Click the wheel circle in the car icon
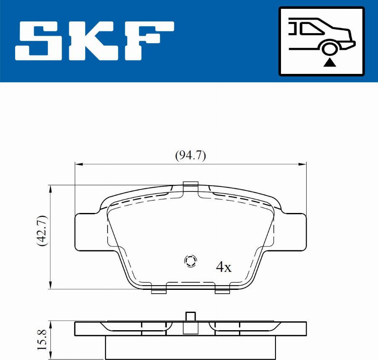330,48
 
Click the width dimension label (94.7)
190,156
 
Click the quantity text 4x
223,267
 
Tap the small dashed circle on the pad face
190,261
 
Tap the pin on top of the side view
191,317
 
